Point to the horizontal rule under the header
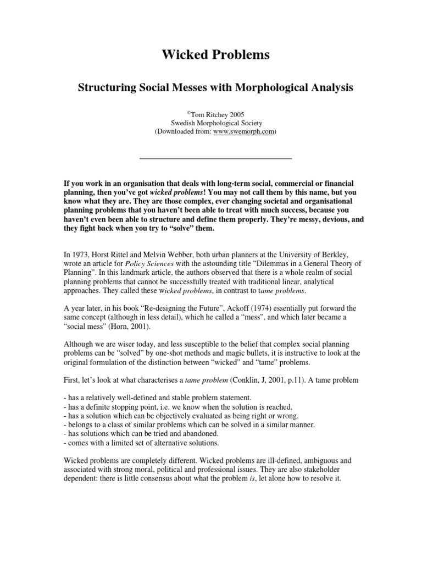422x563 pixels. (x=215, y=158)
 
